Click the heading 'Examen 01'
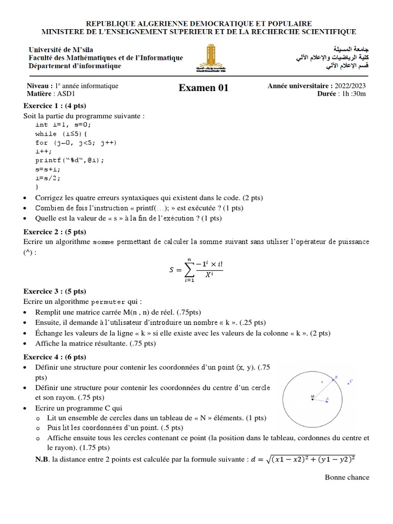pyautogui.click(x=203, y=89)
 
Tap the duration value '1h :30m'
pyautogui.click(x=352, y=94)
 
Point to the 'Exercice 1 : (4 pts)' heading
pyautogui.click(x=55, y=105)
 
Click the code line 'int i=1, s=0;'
pyautogui.click(x=64, y=124)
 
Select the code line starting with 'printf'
pyautogui.click(x=70, y=160)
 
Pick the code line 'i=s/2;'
pyautogui.click(x=48, y=178)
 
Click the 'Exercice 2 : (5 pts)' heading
pyautogui.click(x=55, y=231)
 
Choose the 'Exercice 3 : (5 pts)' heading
pyautogui.click(x=55, y=292)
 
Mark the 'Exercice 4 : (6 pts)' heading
pyautogui.click(x=55, y=357)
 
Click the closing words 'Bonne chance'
pyautogui.click(x=347, y=477)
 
